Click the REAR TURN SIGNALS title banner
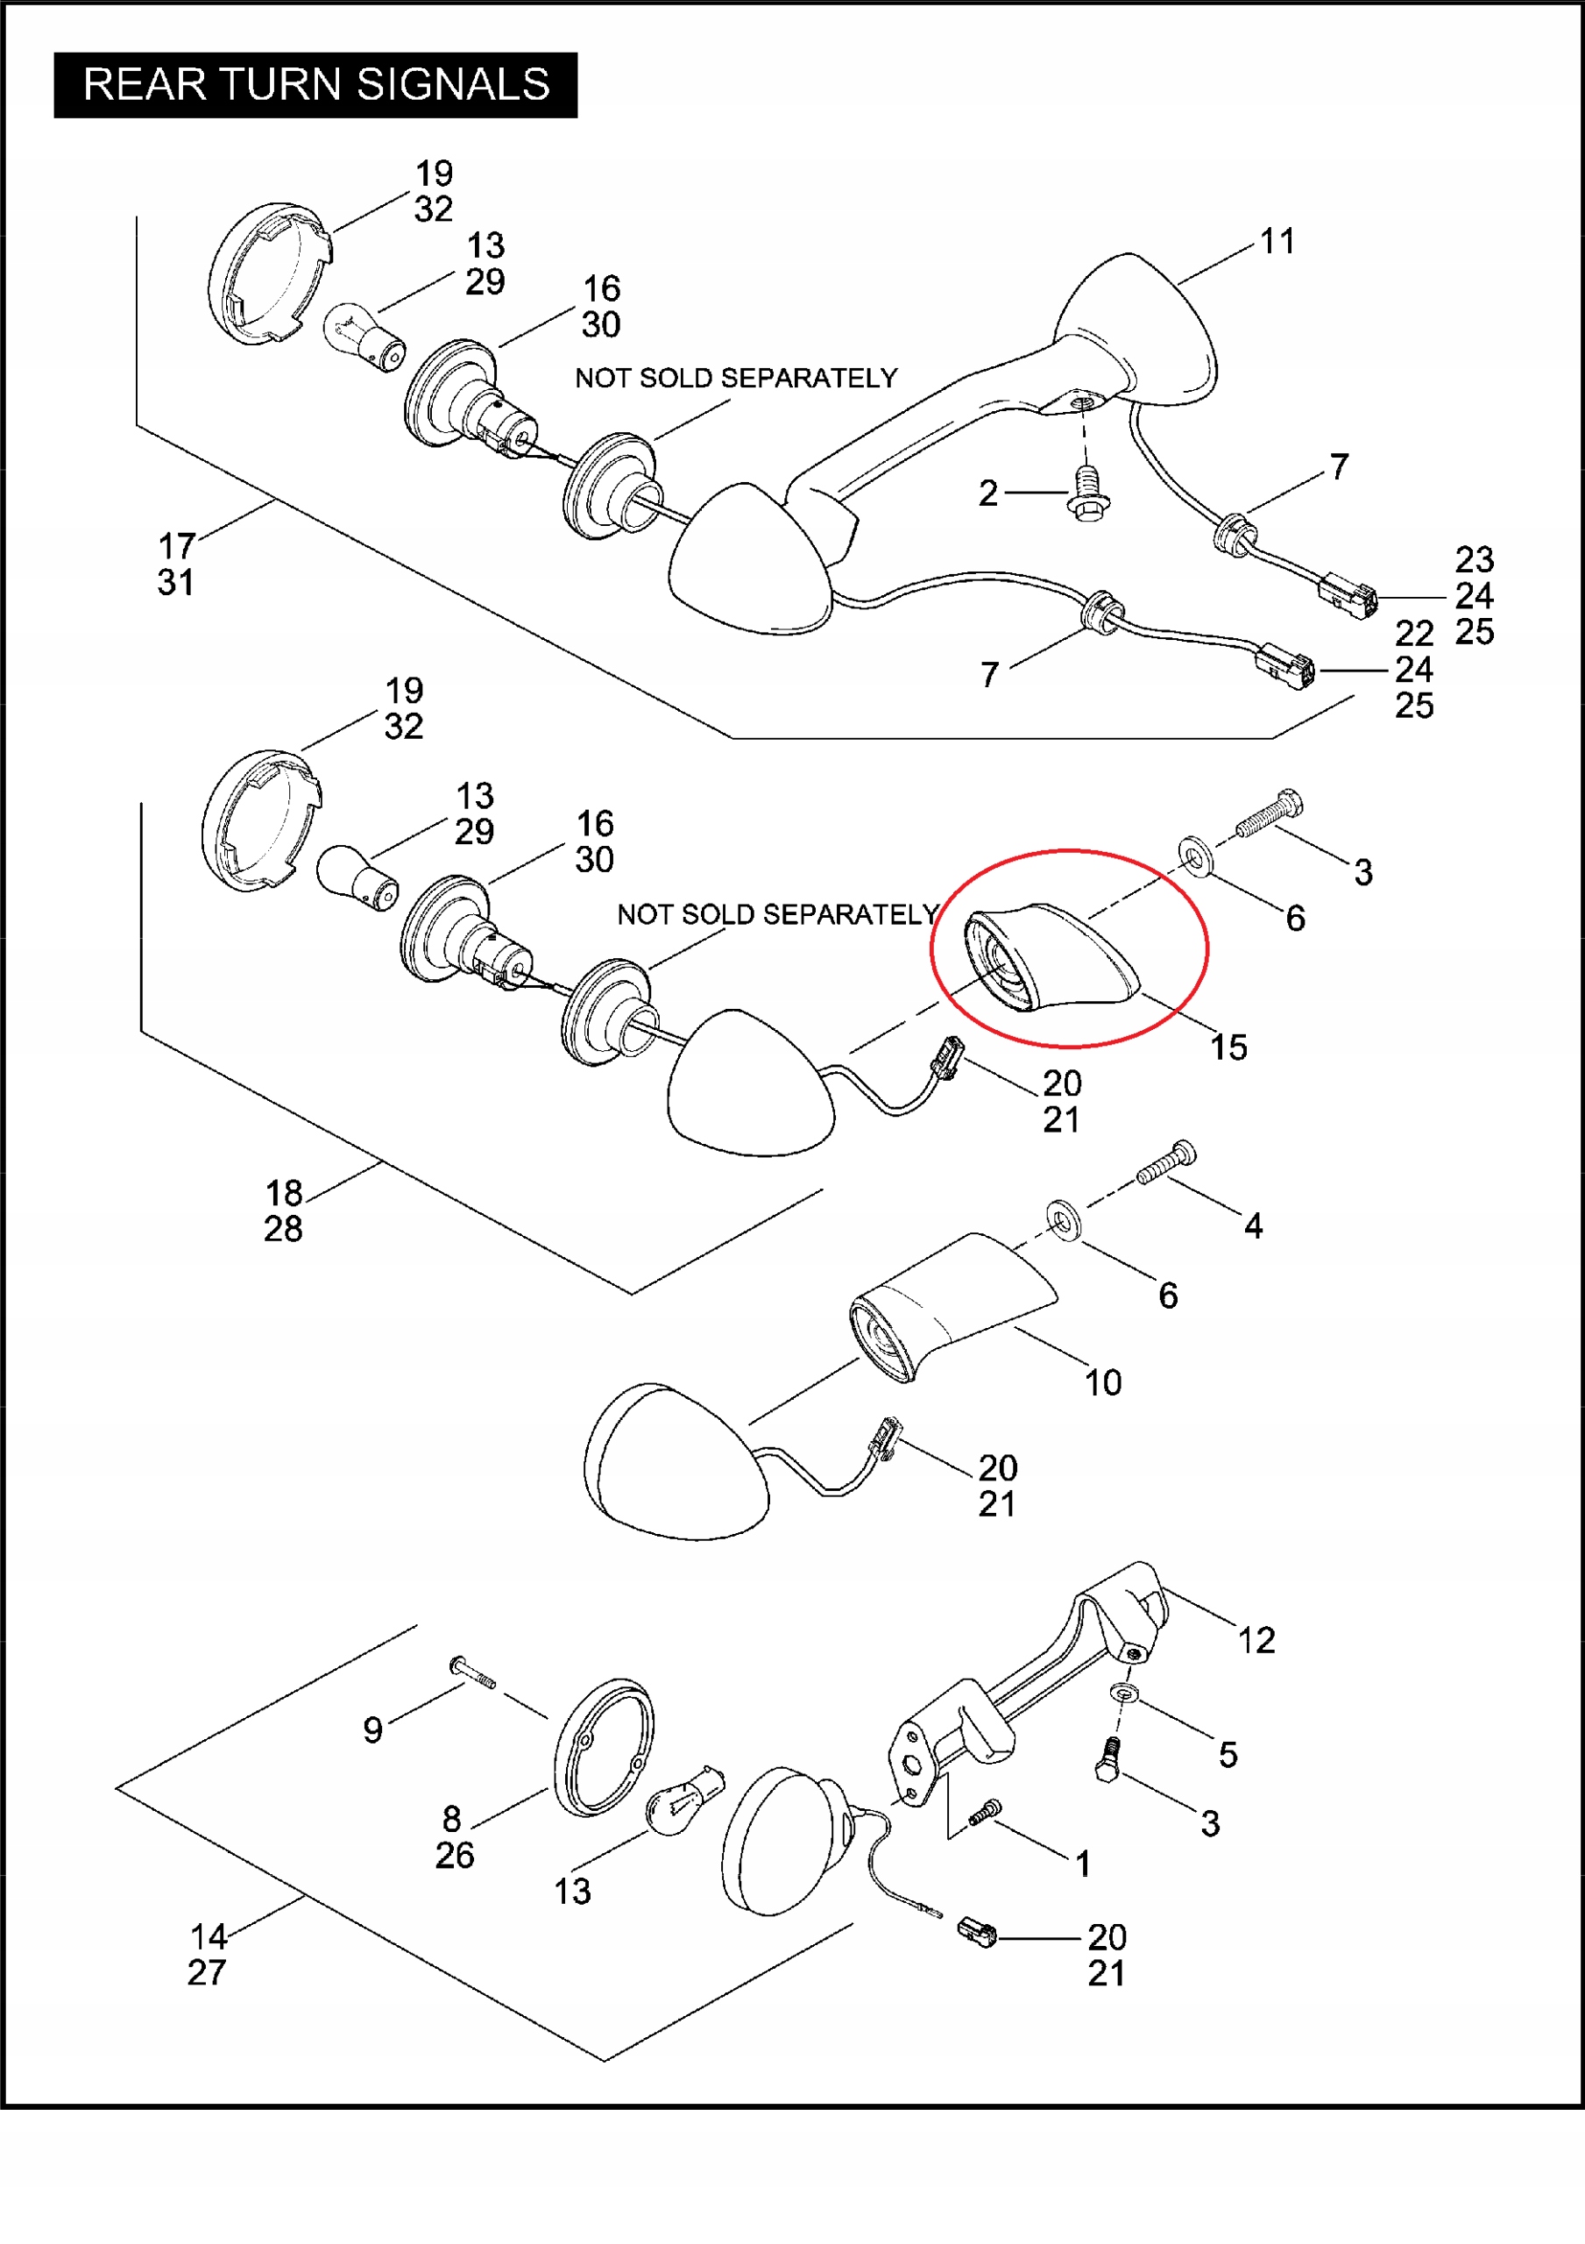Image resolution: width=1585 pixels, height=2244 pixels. (x=315, y=85)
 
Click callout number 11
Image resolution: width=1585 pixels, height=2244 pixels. (x=1277, y=241)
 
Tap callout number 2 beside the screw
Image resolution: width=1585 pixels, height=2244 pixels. (x=988, y=494)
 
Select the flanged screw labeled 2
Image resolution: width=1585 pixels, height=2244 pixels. (x=1086, y=494)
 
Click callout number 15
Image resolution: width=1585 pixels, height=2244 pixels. (x=1228, y=1047)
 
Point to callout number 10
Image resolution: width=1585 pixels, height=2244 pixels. (x=1103, y=1383)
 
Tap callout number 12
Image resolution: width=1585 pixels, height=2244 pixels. (x=1256, y=1641)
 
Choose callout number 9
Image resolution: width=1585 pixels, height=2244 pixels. (x=372, y=1731)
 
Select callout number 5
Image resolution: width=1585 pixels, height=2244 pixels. (x=1228, y=1756)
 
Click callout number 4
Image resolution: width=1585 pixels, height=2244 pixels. (x=1253, y=1225)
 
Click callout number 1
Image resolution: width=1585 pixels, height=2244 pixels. (x=1083, y=1864)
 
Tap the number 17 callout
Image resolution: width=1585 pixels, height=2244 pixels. (x=177, y=546)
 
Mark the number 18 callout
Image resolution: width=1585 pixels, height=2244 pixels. (x=285, y=1193)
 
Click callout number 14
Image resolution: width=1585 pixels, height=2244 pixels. (x=209, y=1937)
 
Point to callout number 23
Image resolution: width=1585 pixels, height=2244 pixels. (x=1474, y=560)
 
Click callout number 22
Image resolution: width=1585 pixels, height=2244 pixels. (x=1414, y=635)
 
